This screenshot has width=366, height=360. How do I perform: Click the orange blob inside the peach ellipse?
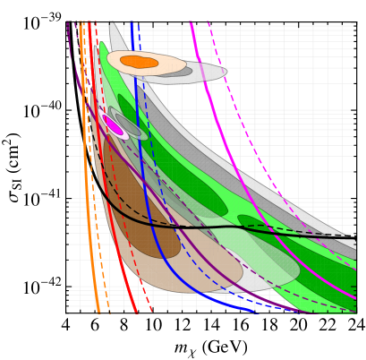(138, 62)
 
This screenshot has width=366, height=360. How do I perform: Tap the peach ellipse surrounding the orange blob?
(170, 64)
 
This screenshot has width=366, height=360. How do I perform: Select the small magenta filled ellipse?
(113, 124)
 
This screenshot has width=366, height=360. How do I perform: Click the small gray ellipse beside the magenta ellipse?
(130, 126)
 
